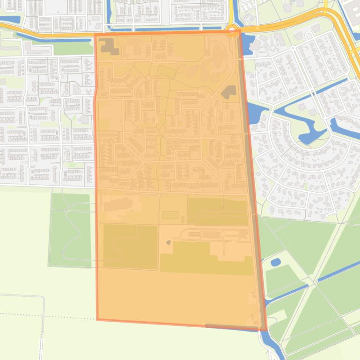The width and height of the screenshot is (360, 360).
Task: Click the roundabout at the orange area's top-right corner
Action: click(233, 32)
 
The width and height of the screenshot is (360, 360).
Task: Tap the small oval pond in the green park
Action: click(276, 262)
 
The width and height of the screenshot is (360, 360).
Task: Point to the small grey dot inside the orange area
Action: click(169, 243)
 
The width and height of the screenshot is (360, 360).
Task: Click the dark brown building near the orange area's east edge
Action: click(228, 92)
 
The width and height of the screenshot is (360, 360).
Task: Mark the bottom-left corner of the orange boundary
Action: click(97, 319)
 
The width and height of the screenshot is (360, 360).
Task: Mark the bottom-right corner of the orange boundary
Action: click(266, 330)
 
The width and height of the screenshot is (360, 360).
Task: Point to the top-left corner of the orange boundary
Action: click(95, 34)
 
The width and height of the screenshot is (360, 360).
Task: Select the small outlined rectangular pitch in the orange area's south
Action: click(170, 215)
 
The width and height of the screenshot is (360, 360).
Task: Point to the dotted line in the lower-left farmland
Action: click(47, 316)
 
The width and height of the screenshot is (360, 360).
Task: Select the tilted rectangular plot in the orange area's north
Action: click(166, 72)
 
